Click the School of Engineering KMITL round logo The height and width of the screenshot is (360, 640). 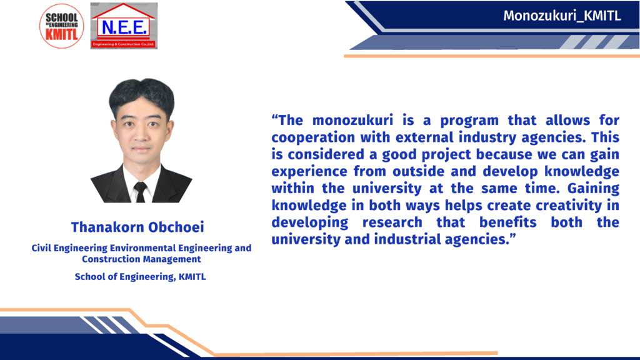[62, 26]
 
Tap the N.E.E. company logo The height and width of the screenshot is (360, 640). [124, 26]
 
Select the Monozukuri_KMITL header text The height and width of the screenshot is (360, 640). [562, 16]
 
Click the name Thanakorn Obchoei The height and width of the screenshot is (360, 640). [137, 227]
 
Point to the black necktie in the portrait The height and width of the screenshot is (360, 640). [141, 192]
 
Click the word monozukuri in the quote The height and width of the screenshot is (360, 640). [352, 121]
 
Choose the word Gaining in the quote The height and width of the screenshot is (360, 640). [593, 189]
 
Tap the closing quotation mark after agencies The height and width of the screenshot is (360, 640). [512, 236]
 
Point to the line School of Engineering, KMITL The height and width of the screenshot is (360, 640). [140, 277]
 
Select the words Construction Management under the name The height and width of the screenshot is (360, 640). [141, 259]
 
